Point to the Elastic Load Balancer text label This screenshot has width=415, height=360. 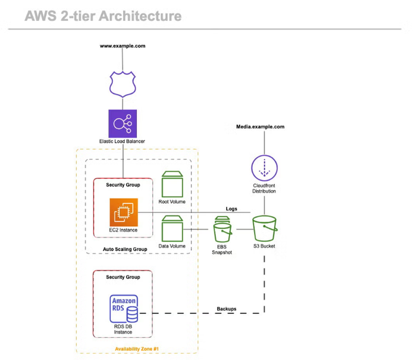pos(122,141)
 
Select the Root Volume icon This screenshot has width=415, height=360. pos(172,185)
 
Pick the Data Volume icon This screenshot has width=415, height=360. pos(172,229)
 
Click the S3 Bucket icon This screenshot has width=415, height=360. pos(264,229)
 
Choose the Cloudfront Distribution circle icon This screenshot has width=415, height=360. pos(264,169)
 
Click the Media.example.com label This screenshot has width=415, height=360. pos(260,127)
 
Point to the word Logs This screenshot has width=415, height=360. pos(231,209)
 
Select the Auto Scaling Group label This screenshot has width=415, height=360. pos(125,248)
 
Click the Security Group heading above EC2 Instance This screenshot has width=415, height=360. pos(123,185)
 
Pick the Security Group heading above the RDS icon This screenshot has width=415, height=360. pos(123,277)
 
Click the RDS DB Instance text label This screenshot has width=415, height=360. pos(123,329)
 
